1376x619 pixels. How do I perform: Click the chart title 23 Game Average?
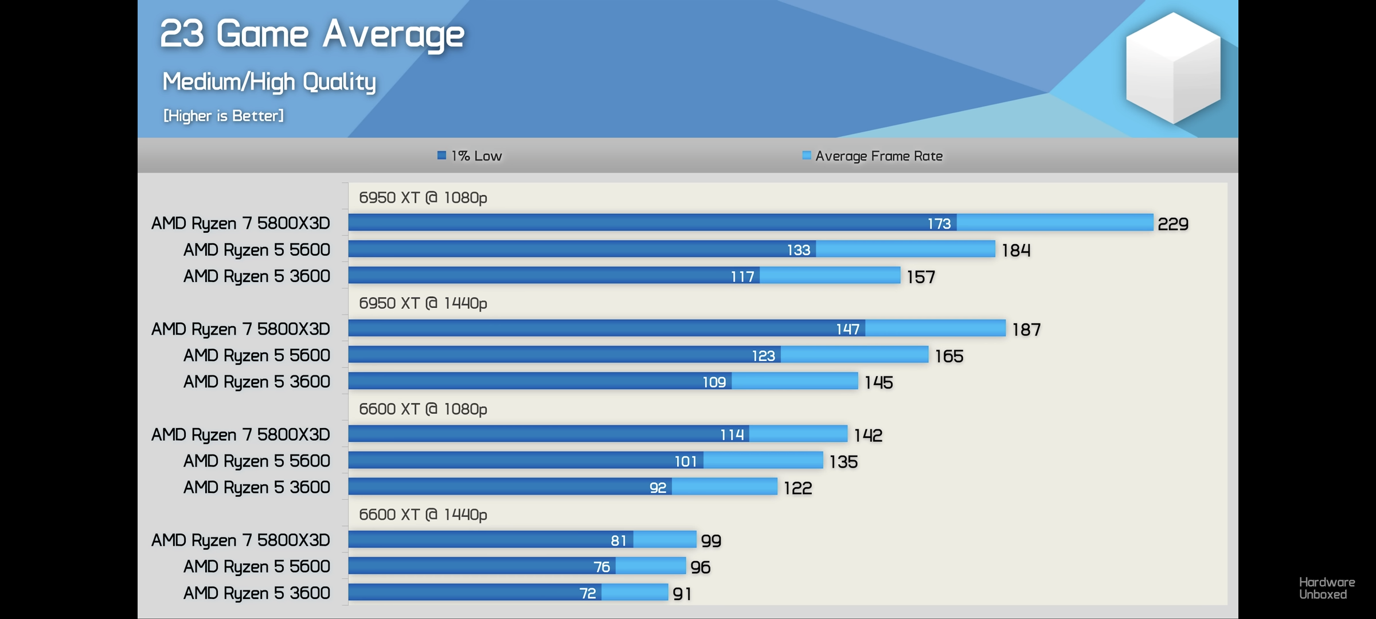coord(312,34)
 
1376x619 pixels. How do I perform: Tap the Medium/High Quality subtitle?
coord(269,82)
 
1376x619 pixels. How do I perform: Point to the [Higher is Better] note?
coord(224,116)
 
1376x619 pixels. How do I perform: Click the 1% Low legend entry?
coord(470,156)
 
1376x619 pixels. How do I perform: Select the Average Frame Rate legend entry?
coord(873,156)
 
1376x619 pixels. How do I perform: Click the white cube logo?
coord(1172,68)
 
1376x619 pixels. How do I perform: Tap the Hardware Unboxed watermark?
coord(1327,589)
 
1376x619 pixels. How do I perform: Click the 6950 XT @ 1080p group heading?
coord(423,198)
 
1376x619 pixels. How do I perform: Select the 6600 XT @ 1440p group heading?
coord(423,515)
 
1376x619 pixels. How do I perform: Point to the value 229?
coord(1172,224)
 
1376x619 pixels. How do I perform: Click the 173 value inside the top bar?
coord(939,224)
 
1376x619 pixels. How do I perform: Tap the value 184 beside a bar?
coord(1016,250)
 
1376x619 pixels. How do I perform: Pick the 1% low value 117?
coord(742,277)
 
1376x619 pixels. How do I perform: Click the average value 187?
coord(1026,330)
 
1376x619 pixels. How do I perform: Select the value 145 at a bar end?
coord(879,382)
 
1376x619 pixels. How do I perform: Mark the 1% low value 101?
coord(686,461)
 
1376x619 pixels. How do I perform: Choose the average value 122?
coord(798,488)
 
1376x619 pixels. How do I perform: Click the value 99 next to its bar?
coord(711,540)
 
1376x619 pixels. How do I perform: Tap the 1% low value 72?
coord(588,593)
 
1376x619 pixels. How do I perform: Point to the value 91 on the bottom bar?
coord(682,594)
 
